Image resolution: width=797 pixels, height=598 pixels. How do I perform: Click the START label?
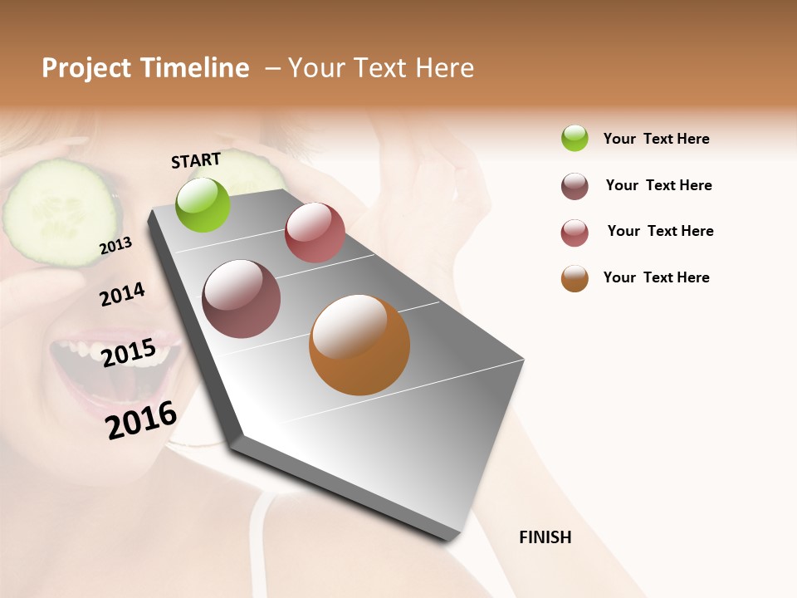click(196, 160)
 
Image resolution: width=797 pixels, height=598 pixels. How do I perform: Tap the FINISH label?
click(545, 537)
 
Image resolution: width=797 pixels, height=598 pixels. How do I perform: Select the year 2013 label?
click(115, 246)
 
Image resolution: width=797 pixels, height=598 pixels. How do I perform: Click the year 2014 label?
click(122, 294)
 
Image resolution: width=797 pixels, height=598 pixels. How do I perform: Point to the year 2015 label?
click(128, 353)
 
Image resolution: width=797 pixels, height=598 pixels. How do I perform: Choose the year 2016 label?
click(141, 419)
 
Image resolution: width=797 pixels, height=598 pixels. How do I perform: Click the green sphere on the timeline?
click(203, 204)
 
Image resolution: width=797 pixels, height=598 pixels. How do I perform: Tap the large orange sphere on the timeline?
click(359, 345)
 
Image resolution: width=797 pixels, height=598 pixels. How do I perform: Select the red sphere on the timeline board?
click(315, 233)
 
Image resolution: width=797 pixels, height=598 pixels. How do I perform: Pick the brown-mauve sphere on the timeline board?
click(242, 299)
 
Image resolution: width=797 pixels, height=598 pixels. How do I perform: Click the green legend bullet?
click(575, 138)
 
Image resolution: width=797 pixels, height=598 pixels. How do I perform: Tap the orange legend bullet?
click(575, 278)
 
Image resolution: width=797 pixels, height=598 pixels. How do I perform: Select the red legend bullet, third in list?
click(575, 233)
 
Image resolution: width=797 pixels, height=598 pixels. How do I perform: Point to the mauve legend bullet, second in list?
click(575, 186)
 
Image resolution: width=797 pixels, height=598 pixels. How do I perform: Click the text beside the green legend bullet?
click(656, 139)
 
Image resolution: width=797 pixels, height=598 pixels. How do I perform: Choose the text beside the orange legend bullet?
click(656, 277)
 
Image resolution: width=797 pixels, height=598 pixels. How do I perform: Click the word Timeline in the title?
click(195, 68)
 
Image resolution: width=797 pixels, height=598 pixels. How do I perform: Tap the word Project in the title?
click(86, 68)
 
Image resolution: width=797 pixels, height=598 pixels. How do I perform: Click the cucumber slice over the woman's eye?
click(60, 213)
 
